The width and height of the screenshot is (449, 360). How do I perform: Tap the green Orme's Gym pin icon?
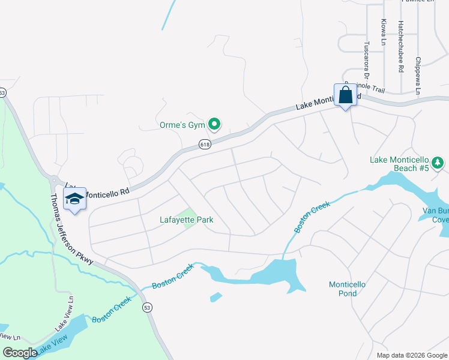tap(214, 125)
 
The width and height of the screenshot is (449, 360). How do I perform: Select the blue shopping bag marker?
tap(345, 95)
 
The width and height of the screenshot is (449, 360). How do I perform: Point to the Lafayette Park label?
tap(187, 220)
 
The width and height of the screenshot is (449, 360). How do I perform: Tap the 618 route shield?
tap(205, 144)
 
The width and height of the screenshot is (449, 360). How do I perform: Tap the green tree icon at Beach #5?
tap(438, 161)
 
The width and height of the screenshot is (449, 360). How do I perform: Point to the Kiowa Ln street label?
tap(384, 31)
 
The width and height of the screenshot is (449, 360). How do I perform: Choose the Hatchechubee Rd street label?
tap(400, 46)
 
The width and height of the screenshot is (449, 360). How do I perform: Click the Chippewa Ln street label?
tap(418, 73)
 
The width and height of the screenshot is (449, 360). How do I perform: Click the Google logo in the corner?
tap(19, 353)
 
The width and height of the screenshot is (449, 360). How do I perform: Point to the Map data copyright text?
tap(412, 355)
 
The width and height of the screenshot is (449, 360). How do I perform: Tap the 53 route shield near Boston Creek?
tap(147, 307)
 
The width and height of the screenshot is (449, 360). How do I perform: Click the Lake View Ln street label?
tap(64, 314)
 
